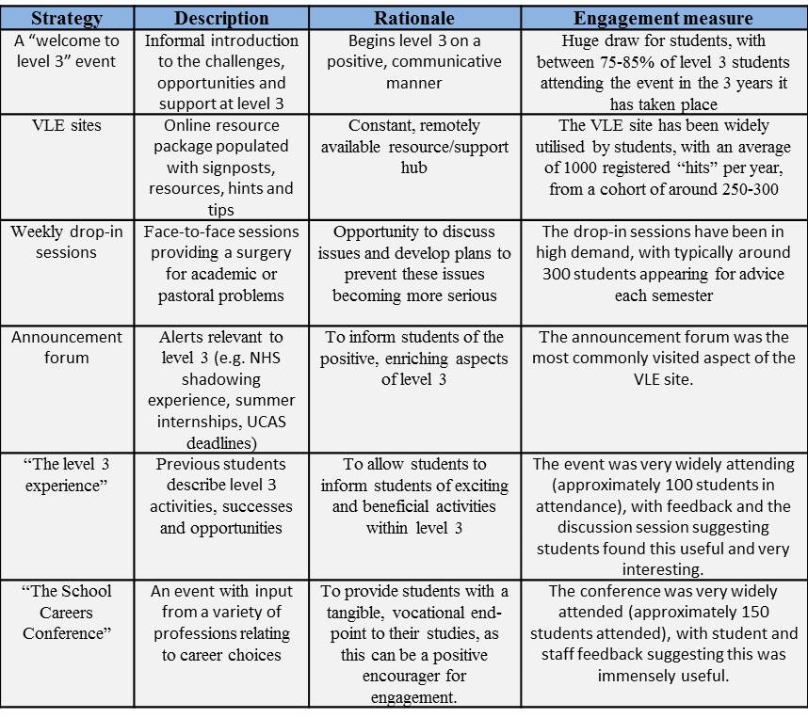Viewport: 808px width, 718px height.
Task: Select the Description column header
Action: (x=221, y=18)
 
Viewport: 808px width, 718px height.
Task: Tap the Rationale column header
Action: (x=414, y=18)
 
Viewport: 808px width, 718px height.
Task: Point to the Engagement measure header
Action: (x=664, y=18)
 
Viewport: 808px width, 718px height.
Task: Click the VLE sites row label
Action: (x=66, y=125)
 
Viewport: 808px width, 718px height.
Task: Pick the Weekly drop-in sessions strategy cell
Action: (x=66, y=242)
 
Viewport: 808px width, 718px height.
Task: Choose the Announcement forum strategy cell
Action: (x=66, y=346)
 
